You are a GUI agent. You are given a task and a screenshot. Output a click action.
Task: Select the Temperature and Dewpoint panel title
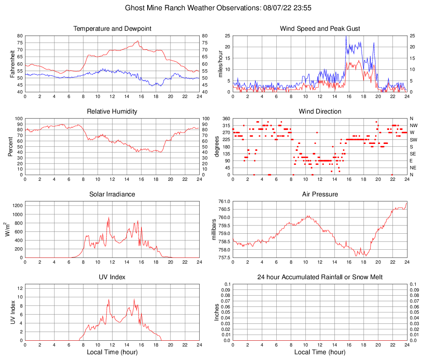coord(112,29)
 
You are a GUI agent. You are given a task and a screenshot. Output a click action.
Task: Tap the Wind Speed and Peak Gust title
coord(320,29)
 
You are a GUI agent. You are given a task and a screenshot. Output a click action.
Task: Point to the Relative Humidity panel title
coord(112,112)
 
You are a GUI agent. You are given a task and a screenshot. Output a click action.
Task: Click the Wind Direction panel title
coord(320,112)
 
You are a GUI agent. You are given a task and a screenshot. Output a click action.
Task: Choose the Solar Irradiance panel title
coord(112,194)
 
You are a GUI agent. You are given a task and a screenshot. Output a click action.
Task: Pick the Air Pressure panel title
coord(320,194)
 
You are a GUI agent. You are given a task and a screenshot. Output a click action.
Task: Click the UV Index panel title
coord(112,277)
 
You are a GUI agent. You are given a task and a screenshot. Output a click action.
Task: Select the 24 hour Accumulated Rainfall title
coord(320,277)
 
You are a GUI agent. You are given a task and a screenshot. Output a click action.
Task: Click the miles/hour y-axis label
coord(220,64)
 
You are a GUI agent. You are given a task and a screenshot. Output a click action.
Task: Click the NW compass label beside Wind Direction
coord(414,125)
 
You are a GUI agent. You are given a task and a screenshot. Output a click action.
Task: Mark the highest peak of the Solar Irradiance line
coord(109,217)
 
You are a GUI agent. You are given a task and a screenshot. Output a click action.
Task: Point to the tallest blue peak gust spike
coord(346,36)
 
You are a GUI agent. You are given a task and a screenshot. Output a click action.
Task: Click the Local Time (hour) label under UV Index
coord(112,352)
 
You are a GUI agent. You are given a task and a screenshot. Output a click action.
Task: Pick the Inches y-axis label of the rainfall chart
coord(217,312)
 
